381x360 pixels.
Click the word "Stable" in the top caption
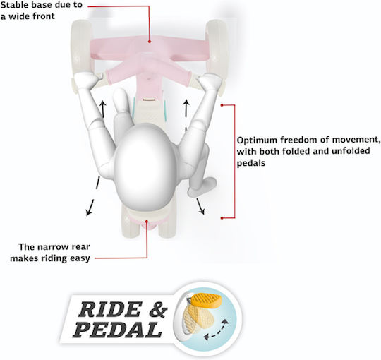click(15, 5)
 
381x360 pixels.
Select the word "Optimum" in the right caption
click(257, 140)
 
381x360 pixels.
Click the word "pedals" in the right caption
click(250, 163)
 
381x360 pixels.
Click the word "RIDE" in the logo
click(110, 309)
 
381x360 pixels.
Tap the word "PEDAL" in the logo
click(118, 330)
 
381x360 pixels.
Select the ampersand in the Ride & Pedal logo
click(158, 309)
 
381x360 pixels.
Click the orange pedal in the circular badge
click(206, 300)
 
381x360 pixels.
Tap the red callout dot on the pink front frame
click(150, 42)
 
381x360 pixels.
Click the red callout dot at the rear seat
click(147, 221)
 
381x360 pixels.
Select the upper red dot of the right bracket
click(222, 105)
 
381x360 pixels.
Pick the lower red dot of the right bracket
click(222, 218)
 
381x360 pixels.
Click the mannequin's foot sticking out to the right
click(202, 186)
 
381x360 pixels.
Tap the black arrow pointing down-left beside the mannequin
click(92, 196)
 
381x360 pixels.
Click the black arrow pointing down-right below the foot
click(200, 206)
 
